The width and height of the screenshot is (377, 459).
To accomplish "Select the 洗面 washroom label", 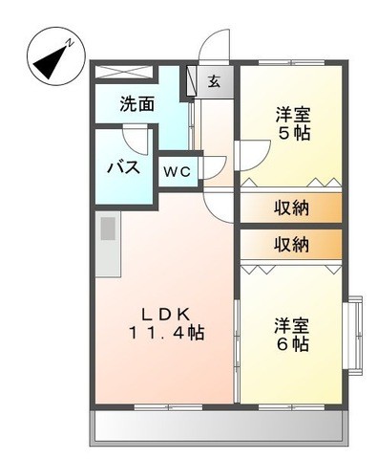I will pos(137,104).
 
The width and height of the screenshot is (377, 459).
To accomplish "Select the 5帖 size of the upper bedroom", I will pos(292,133).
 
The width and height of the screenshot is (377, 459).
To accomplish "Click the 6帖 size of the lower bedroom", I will pos(292,343).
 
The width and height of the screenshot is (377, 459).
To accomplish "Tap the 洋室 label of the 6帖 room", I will pos(292,323).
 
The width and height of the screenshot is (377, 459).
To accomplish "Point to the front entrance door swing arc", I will pos(216,46).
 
